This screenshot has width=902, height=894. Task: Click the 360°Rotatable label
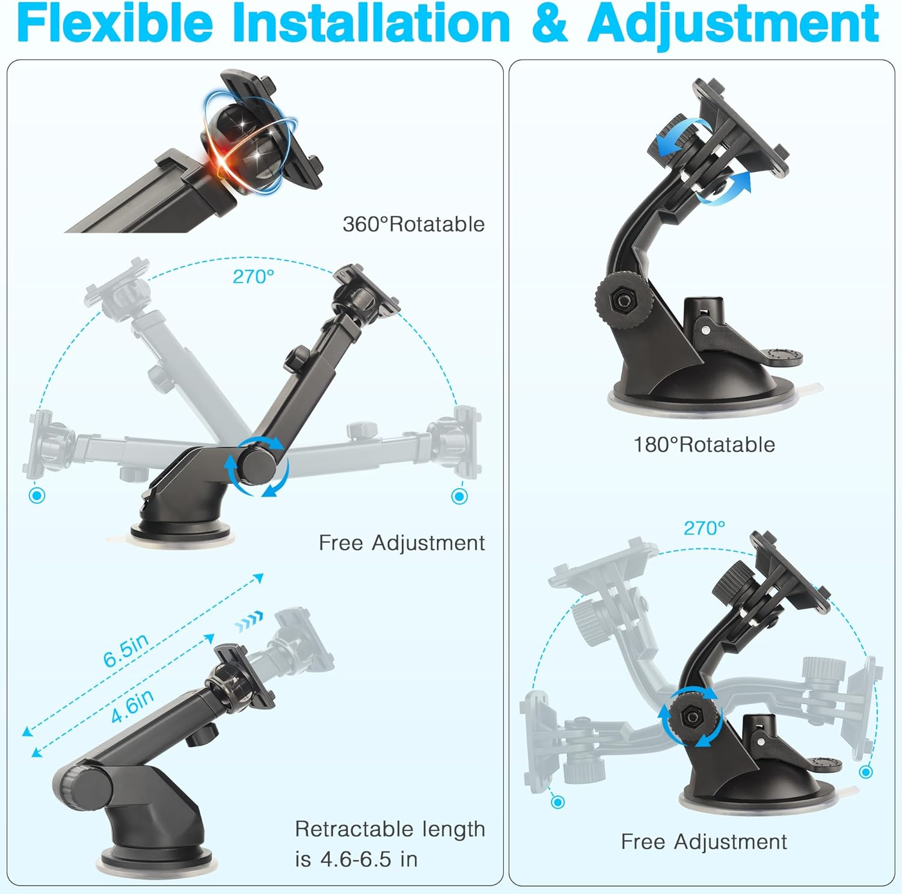coord(414,224)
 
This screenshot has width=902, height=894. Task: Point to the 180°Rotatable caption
coord(704,445)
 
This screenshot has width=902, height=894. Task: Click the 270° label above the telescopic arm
coord(253,277)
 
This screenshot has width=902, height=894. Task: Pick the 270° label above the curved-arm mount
coord(704,528)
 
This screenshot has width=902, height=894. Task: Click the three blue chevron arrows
coord(249,622)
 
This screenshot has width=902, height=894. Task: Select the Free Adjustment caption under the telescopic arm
coord(402,543)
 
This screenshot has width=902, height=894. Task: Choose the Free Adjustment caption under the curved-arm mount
coord(704,842)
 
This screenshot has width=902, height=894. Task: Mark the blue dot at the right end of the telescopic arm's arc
coord(459,497)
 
